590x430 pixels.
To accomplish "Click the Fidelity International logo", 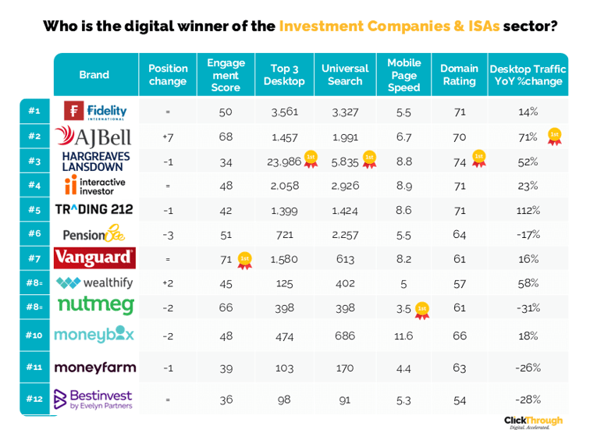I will click(94, 112).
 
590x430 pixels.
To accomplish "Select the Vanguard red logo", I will click(94, 258).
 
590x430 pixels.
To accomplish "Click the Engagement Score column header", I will click(226, 75).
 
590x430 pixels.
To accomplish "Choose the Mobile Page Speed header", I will click(403, 75).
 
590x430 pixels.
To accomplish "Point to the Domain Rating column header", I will click(458, 75).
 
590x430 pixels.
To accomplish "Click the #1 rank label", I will click(34, 112).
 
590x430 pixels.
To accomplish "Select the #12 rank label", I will click(34, 399).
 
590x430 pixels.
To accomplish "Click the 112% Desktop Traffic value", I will click(528, 211).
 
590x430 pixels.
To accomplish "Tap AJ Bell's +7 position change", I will click(168, 137).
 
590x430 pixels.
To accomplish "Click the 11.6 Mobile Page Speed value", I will click(403, 336).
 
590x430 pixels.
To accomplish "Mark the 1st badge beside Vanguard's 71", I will click(245, 259).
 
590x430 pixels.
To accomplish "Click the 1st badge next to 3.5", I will click(422, 309).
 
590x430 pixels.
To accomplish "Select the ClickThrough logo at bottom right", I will click(533, 421).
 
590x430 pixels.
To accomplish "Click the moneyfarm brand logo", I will click(94, 367).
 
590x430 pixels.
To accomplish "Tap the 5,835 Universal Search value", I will click(345, 162).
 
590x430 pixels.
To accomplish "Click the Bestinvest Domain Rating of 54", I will click(458, 399).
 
